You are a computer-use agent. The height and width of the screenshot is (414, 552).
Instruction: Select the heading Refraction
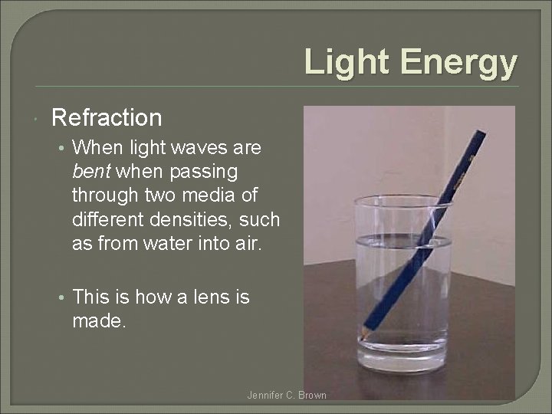pyautogui.click(x=107, y=118)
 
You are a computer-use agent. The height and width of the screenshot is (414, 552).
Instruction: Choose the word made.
pyautogui.click(x=97, y=321)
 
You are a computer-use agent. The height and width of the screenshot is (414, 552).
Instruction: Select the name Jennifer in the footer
pyautogui.click(x=265, y=396)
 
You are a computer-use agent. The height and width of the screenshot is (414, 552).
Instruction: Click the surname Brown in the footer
pyautogui.click(x=312, y=396)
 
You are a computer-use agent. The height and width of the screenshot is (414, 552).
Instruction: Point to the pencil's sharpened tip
pyautogui.click(x=360, y=338)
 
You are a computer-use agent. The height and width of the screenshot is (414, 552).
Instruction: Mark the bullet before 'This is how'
pyautogui.click(x=61, y=297)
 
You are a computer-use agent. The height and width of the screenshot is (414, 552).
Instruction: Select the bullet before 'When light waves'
pyautogui.click(x=61, y=147)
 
